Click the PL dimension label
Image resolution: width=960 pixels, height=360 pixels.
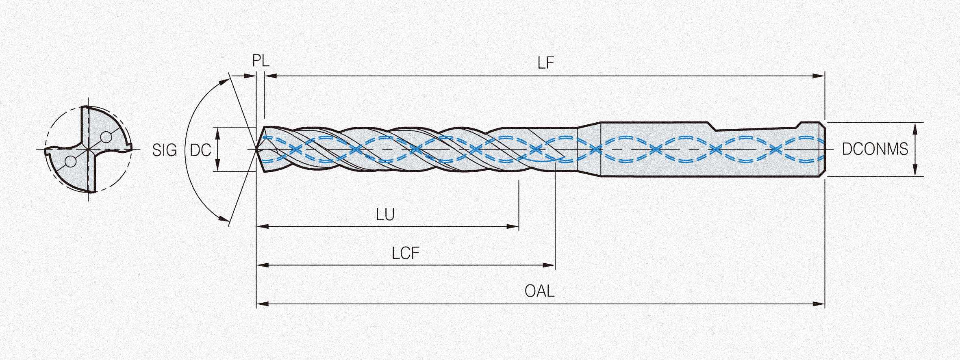pos(261,61)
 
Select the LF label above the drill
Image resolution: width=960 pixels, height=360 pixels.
pos(546,63)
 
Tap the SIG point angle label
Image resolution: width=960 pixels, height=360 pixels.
pos(165,150)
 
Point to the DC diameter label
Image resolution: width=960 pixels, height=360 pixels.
pos(200,150)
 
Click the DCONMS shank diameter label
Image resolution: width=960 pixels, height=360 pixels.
pos(875,149)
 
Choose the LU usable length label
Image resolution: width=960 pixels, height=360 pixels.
pos(385,215)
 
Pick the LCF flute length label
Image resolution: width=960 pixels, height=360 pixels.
pos(405,253)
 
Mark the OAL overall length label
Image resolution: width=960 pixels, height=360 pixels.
pos(539,291)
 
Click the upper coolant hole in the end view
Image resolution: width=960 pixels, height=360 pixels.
pos(106,138)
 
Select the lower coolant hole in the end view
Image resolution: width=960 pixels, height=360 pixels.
pos(70,162)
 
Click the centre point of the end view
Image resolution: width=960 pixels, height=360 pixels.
pos(88,150)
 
